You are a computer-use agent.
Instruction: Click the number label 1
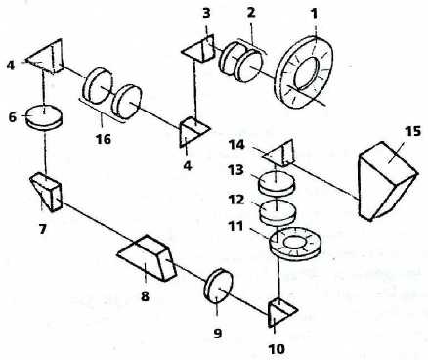pos(314,14)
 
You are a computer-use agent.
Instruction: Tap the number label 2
pos(250,13)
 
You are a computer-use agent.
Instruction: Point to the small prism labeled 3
pos(198,50)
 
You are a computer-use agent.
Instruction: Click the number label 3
pos(206,14)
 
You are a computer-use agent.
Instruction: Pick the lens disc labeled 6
pos(44,116)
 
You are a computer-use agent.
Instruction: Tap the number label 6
pos(12,116)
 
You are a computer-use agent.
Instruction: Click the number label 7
pos(43,229)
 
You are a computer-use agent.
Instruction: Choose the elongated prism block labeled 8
pos(148,257)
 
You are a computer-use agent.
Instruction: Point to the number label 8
pos(145,296)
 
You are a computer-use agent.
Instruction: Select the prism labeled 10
pos(282,312)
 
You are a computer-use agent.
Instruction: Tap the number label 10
pos(277,349)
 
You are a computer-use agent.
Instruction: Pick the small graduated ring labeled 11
pos(295,244)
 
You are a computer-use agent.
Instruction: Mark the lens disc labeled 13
pos(277,183)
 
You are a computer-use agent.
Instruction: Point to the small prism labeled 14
pos(278,154)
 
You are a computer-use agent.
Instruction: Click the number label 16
pos(103,139)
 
